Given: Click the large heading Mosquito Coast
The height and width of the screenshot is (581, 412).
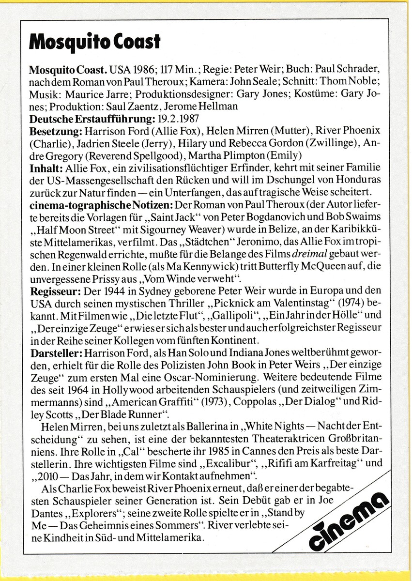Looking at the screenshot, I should point(94,42).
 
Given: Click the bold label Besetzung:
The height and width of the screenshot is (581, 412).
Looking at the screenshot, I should point(56,131).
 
